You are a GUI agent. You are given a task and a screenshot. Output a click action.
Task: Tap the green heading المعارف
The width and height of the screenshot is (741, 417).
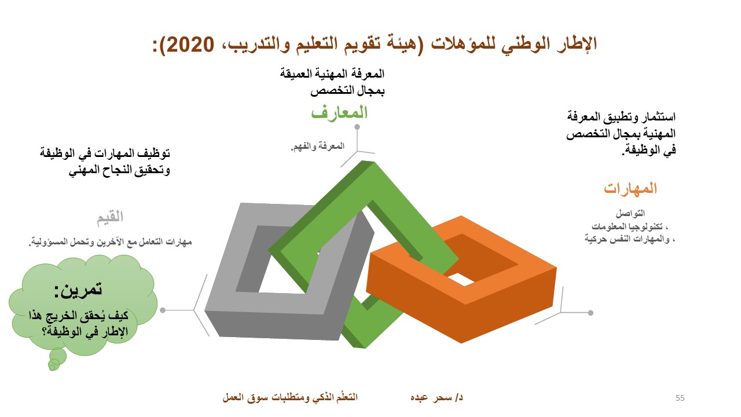tap(339, 112)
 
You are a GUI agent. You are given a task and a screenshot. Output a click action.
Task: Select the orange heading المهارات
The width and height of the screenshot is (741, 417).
tap(630, 189)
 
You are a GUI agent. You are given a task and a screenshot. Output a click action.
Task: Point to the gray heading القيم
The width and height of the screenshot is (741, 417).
tap(110, 217)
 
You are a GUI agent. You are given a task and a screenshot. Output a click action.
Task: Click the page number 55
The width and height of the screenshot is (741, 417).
tap(680, 398)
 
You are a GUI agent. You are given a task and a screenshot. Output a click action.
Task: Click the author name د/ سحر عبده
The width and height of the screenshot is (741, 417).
tap(436, 397)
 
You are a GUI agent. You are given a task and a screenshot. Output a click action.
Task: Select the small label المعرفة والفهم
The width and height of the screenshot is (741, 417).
tap(318, 147)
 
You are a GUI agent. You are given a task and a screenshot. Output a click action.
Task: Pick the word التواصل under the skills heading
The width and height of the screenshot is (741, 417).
tap(630, 214)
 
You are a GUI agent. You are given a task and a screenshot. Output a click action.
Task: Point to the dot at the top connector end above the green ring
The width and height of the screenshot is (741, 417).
tap(357, 127)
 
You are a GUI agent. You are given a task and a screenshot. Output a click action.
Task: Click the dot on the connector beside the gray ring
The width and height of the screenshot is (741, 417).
tap(163, 310)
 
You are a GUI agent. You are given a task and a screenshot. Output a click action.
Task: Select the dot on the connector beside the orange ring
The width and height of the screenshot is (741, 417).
tap(590, 313)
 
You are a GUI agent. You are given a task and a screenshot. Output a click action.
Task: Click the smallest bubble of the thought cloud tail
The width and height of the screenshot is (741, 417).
tap(52, 367)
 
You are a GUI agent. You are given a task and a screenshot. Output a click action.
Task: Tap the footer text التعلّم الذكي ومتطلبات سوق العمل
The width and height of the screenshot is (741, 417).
tap(290, 397)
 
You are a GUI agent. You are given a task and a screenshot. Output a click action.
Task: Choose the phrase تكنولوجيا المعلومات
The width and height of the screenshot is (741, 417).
tap(627, 226)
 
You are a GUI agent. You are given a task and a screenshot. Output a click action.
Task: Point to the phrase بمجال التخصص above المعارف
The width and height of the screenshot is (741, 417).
tap(347, 90)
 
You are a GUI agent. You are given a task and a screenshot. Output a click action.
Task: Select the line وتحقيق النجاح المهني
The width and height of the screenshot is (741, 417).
tap(119, 170)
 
